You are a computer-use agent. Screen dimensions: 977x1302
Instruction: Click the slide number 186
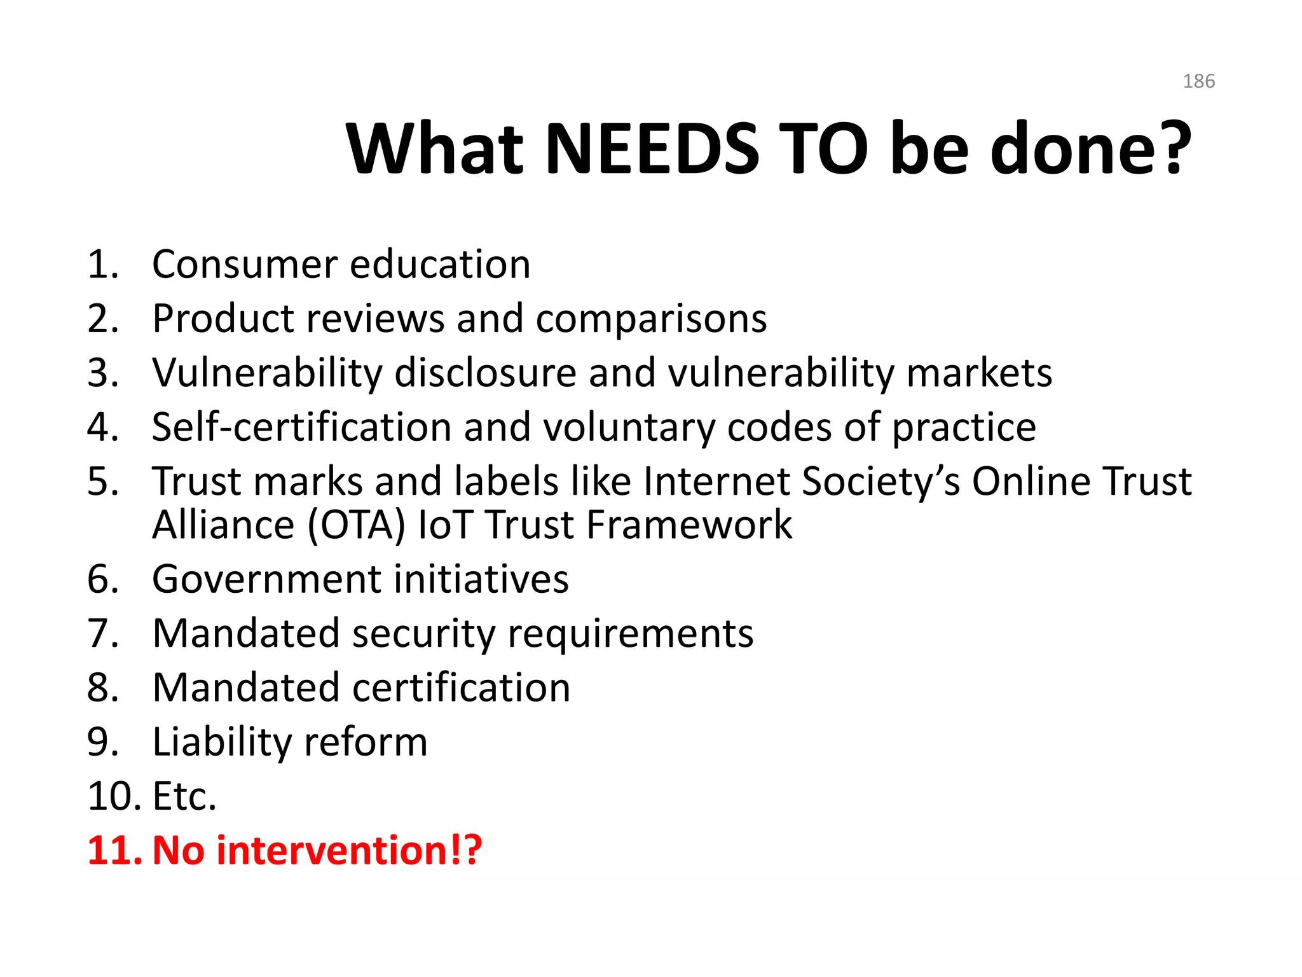pos(1198,81)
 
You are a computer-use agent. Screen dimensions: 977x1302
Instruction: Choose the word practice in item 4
pos(964,427)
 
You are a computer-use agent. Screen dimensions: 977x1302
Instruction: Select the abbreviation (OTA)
pos(356,525)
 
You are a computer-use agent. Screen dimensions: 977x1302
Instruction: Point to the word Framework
pos(689,525)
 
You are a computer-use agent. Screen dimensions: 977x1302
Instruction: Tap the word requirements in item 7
pos(630,634)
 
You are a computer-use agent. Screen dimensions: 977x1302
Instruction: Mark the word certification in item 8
pos(461,688)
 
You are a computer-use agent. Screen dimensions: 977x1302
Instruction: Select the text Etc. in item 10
pos(184,796)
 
